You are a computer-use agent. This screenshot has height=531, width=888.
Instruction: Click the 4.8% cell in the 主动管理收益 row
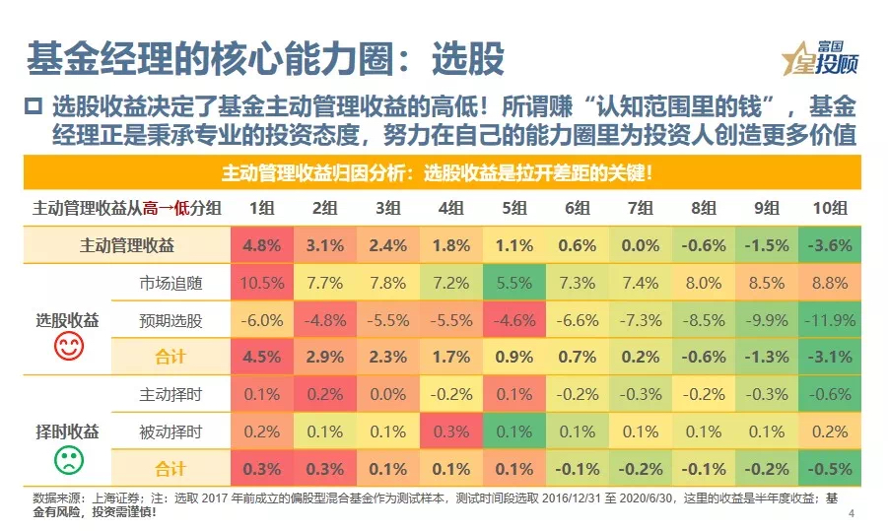click(x=261, y=245)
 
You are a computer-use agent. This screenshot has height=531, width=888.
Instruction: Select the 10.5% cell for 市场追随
click(x=261, y=283)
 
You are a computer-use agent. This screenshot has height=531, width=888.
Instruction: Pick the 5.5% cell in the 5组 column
click(x=513, y=283)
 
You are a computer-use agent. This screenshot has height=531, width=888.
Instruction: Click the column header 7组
click(x=640, y=208)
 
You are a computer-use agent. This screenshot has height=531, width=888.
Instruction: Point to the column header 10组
click(x=829, y=208)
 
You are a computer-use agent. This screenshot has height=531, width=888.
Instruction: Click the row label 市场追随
click(x=171, y=283)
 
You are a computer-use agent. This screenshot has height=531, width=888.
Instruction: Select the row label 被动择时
click(x=171, y=432)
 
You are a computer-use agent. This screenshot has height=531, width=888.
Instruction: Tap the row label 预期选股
click(x=171, y=320)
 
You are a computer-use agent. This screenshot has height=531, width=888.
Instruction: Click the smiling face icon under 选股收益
click(x=68, y=346)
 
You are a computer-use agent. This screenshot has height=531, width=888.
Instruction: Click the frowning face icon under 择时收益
click(x=68, y=458)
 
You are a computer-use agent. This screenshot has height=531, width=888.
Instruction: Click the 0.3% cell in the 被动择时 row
click(x=450, y=432)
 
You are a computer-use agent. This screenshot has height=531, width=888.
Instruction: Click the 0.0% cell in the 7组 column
click(x=640, y=245)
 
